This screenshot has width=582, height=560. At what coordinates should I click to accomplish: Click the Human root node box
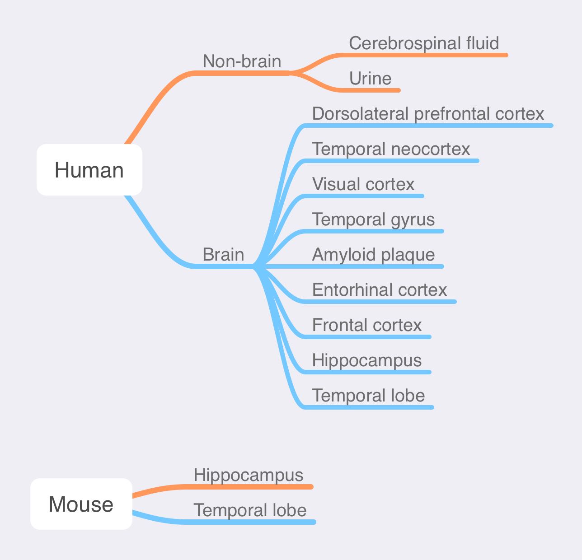pos(89,170)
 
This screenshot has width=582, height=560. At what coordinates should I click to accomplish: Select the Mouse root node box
pos(81,504)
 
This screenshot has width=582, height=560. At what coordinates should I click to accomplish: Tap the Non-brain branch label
pos(242,61)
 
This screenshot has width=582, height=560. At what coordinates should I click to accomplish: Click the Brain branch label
pos(223,255)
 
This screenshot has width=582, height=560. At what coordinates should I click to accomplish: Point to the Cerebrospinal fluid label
pos(424,43)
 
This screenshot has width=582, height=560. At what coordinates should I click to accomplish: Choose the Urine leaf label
pos(370,79)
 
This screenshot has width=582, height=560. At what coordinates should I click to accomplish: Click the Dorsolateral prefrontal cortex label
pos(428,114)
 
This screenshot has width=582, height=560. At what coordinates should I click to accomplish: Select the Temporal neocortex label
pos(391,149)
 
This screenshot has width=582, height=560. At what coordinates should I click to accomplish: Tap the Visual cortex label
pos(363,184)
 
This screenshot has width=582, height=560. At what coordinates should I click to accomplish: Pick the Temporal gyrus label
pos(373,219)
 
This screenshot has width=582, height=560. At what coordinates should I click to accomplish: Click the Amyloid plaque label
pos(373,255)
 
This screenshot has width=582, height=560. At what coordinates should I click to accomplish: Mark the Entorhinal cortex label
pos(380,290)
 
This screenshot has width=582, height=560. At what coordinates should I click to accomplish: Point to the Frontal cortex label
pos(367,325)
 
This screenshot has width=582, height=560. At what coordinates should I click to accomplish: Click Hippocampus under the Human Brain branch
pos(367,360)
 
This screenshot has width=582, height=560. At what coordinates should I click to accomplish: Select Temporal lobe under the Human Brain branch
pos(368,396)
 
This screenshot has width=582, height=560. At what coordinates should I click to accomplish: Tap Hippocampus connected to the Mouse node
pos(248,475)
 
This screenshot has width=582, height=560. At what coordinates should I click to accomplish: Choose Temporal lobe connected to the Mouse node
pos(250,510)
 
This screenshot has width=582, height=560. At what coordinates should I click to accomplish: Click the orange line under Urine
pos(375,90)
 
